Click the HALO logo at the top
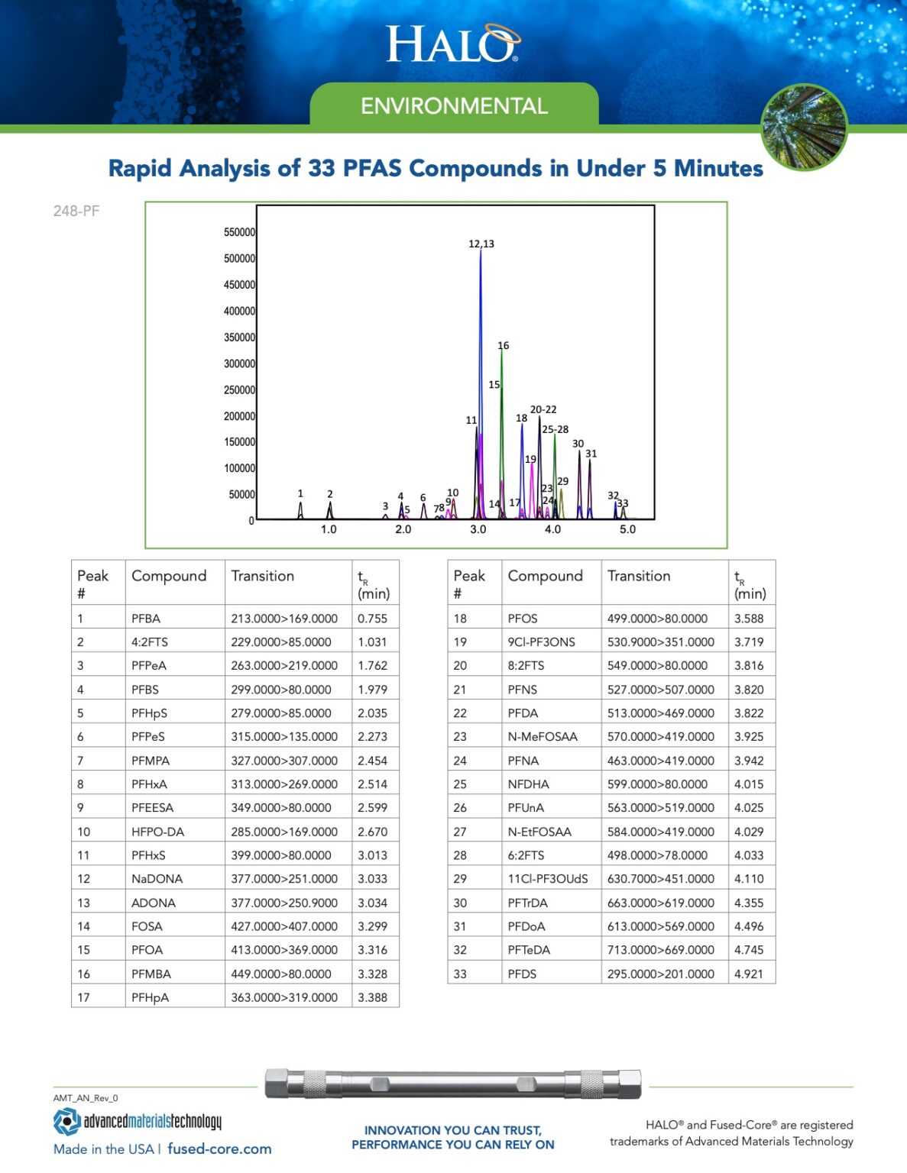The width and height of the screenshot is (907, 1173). point(452,44)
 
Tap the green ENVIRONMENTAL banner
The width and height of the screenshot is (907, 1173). point(454,105)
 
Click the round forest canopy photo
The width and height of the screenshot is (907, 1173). point(804,127)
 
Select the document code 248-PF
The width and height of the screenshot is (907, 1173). point(76,212)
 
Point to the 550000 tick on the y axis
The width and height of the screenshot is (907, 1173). point(239,232)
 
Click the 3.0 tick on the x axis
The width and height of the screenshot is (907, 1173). point(478,529)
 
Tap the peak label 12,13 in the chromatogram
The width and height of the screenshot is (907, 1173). point(481,244)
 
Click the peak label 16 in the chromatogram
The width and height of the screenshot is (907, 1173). point(503,345)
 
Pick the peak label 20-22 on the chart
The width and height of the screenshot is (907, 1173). point(543,409)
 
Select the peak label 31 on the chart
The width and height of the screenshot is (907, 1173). point(591,454)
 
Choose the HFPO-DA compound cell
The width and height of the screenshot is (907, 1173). point(157,832)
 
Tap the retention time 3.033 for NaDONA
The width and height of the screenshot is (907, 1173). point(372,879)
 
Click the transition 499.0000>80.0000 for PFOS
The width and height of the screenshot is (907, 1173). point(657,619)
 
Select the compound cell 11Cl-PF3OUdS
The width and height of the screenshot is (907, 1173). point(548,879)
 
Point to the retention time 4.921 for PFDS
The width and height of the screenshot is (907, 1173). point(749,974)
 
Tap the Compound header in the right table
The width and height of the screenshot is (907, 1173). point(545,576)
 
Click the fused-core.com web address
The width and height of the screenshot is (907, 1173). point(219,1149)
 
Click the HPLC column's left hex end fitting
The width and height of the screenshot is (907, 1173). point(277,1084)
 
